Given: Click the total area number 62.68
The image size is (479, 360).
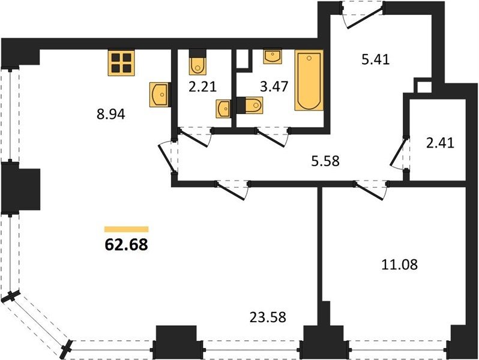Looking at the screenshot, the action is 126,244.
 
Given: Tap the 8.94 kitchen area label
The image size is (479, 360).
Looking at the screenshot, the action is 111,115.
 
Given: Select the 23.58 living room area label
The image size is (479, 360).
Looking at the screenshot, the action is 268,317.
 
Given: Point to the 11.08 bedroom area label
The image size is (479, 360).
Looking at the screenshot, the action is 400,265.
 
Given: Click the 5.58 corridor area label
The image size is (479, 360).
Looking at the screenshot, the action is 325,161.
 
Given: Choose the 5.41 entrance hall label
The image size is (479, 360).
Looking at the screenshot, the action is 375,59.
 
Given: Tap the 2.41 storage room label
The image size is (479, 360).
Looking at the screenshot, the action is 440,143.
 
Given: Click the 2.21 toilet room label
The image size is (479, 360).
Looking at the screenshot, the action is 202,87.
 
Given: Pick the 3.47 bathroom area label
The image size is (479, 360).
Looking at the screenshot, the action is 274,87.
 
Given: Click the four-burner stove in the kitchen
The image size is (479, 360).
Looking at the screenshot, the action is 121,62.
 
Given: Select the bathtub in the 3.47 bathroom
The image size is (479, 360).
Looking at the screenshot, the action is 309,80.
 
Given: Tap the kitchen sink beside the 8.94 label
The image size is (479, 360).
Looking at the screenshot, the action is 160,95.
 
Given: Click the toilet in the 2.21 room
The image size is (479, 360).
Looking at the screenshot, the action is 197,62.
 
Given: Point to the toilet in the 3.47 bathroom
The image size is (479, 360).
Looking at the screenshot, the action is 250,105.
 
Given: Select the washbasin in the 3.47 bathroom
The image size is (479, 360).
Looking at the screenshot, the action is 273,57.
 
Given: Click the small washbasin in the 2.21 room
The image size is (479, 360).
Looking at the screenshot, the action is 223,109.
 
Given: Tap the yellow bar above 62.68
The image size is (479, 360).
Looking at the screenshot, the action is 127,229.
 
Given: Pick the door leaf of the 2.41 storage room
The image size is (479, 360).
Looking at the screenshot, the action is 399,152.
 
